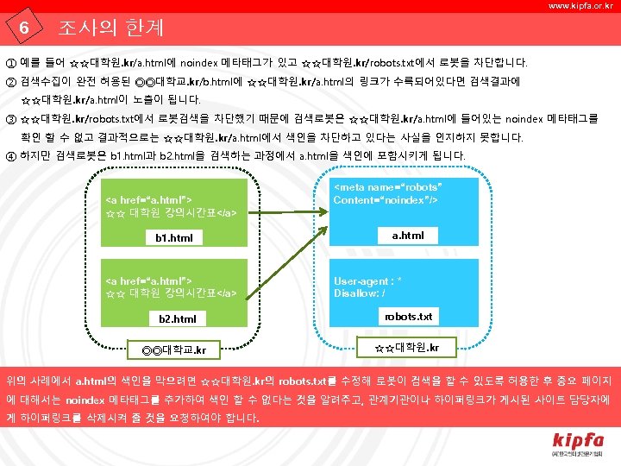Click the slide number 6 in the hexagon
tap(25, 28)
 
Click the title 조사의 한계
tap(110, 28)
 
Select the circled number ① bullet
tap(10, 63)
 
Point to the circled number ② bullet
tap(10, 82)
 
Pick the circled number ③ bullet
tap(10, 119)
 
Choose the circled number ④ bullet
tap(10, 156)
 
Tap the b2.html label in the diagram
tap(177, 319)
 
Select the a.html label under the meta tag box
tap(407, 235)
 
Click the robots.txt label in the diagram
tap(408, 317)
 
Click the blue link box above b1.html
tap(175, 203)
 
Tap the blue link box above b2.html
tap(175, 286)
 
